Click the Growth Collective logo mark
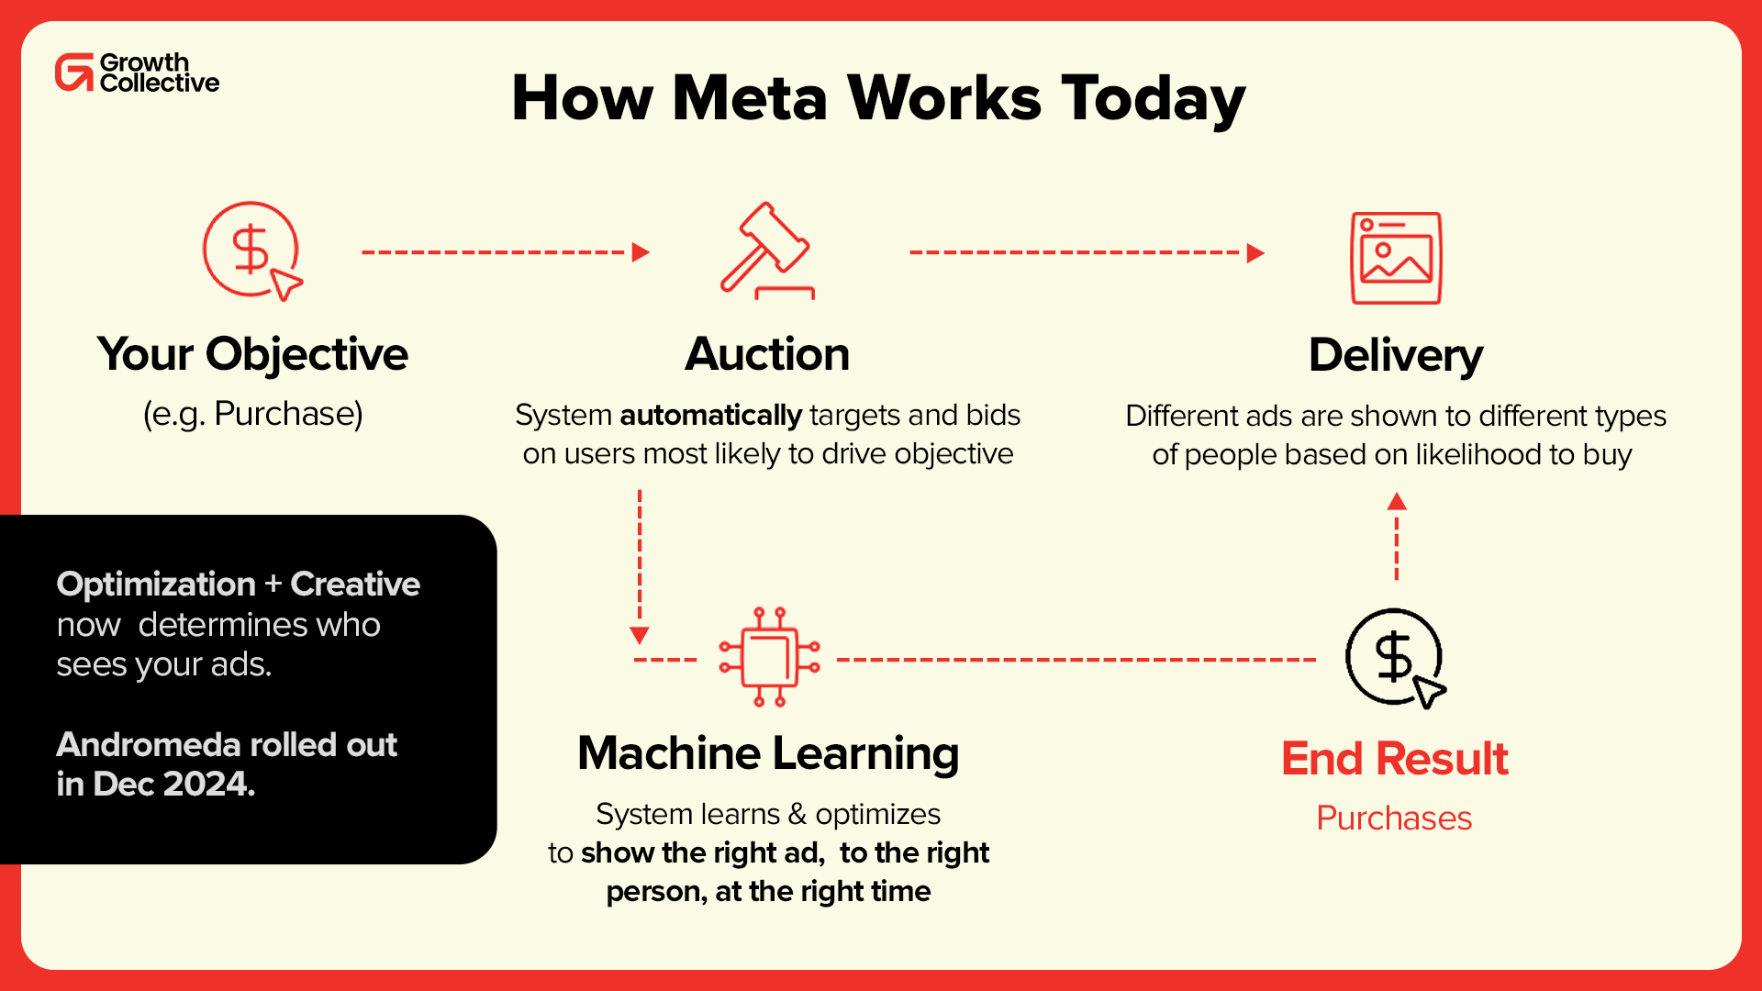[74, 72]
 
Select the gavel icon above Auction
[766, 250]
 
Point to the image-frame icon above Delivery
[1396, 258]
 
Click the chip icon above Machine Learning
[769, 657]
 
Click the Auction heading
[767, 354]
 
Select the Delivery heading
[1395, 355]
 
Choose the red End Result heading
[1394, 759]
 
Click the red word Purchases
[1394, 818]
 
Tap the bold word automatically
[710, 416]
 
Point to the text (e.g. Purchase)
[253, 414]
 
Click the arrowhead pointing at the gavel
[641, 252]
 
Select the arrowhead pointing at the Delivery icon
[1255, 253]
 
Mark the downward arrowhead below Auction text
[640, 635]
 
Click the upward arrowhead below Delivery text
[1397, 501]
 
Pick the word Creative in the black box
[355, 585]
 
